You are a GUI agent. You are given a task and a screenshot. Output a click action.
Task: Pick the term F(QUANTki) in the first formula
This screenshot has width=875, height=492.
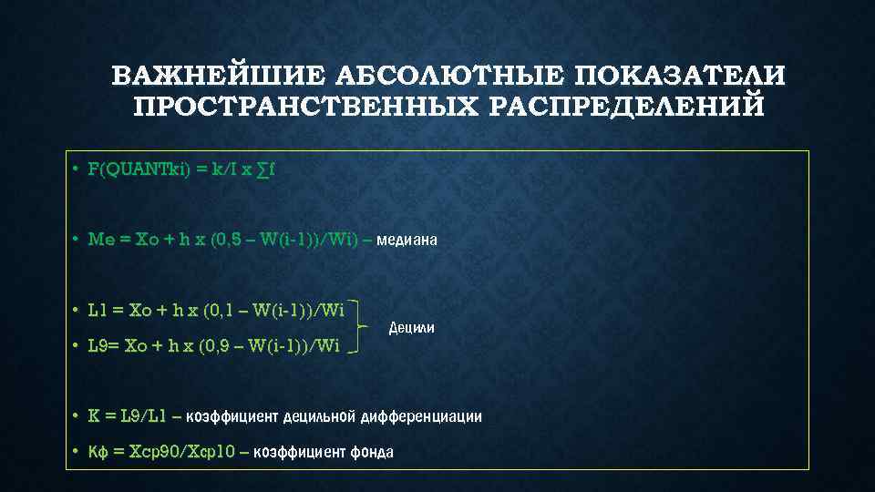[138, 169]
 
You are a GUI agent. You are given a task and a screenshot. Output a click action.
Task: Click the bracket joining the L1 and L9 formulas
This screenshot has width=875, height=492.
[363, 326]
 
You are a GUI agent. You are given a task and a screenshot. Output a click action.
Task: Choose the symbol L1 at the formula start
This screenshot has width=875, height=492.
[98, 312]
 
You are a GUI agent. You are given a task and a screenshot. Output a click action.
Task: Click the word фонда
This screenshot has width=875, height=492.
[372, 451]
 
